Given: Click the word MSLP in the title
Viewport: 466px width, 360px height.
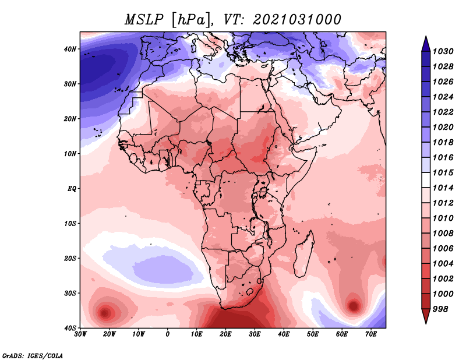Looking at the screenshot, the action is (144, 20).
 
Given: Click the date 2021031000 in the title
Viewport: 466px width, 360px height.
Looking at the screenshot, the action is (296, 20).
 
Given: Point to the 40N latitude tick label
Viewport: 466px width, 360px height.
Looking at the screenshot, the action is (70, 49).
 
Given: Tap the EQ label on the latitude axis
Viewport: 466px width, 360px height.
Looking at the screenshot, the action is (72, 189).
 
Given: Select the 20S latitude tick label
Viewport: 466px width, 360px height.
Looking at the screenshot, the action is (70, 258).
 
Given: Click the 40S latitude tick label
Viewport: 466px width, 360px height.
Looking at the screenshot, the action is (70, 328).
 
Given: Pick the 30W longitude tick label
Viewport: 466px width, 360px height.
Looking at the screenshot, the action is (80, 334).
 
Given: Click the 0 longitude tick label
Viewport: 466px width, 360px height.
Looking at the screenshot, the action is (168, 334).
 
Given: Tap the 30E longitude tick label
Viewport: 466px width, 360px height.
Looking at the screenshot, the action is (255, 334).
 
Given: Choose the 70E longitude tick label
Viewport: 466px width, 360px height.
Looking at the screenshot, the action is (371, 334).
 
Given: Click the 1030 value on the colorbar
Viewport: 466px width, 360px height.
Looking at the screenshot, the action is (443, 51).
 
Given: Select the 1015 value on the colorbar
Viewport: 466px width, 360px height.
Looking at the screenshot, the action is (443, 172).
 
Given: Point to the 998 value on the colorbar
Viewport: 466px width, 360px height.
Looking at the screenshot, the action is (440, 309).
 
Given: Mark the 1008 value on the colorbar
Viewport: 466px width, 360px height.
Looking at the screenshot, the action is (443, 234).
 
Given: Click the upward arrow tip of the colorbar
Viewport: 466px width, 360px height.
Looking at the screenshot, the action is (426, 37).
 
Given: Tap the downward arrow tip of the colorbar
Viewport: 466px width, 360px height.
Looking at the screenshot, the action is (426, 323).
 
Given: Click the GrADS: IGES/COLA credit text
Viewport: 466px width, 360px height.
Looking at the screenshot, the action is (33, 355).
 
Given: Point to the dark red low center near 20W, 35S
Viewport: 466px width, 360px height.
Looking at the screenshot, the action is (105, 313).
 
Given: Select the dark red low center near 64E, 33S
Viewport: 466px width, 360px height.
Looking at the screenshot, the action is (354, 305).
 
